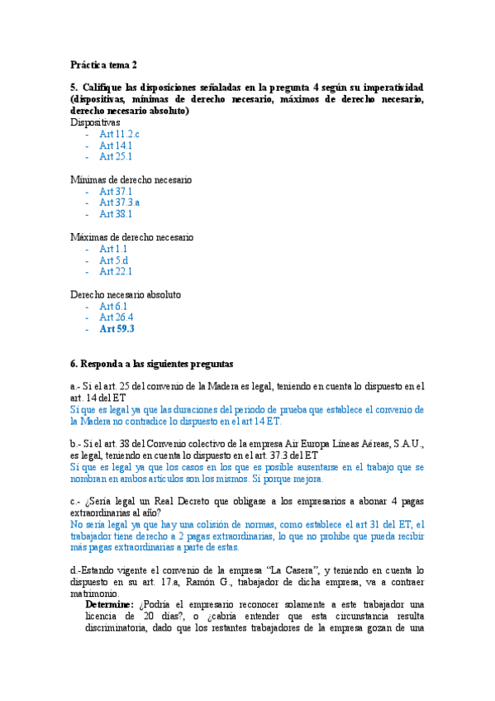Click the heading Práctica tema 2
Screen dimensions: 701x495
click(103, 64)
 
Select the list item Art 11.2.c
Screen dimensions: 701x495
click(119, 134)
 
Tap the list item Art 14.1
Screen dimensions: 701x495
click(116, 145)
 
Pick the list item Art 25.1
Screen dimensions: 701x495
click(116, 156)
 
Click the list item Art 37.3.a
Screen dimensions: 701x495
click(120, 203)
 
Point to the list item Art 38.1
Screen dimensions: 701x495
click(116, 214)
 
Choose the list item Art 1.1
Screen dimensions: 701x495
click(113, 249)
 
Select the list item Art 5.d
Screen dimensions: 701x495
click(114, 260)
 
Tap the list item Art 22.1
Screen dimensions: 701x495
click(116, 271)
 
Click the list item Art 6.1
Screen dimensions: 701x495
click(113, 306)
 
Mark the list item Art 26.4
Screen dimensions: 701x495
click(116, 317)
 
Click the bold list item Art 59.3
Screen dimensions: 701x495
click(117, 329)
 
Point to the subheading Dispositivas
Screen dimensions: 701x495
click(95, 122)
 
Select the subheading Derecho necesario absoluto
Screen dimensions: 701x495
click(126, 294)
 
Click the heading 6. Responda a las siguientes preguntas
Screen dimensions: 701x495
click(152, 363)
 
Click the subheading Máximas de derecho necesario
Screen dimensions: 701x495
click(132, 237)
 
